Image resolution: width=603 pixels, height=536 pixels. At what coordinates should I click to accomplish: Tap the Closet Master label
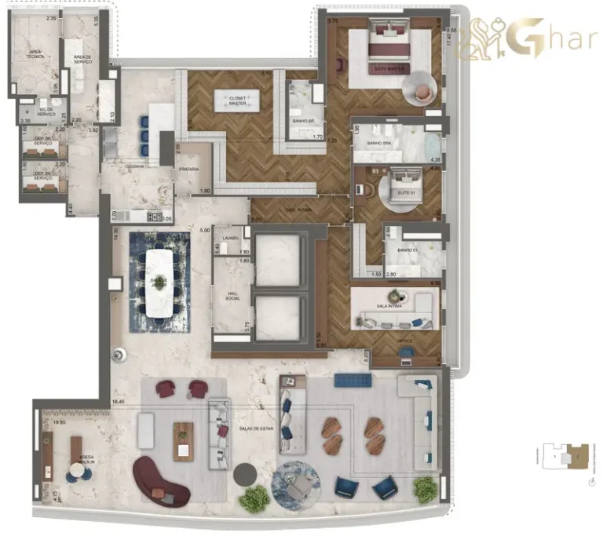(236, 102)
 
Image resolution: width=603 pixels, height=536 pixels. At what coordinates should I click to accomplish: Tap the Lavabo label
(230, 237)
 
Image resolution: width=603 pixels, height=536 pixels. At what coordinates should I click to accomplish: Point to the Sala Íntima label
(389, 305)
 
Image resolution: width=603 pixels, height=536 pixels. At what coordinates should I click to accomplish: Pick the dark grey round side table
(245, 473)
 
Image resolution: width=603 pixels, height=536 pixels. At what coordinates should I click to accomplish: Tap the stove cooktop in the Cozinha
(155, 217)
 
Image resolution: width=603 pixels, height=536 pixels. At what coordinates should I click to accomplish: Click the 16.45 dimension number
(119, 402)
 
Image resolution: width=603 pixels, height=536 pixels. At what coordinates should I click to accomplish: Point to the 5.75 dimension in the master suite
(333, 21)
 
